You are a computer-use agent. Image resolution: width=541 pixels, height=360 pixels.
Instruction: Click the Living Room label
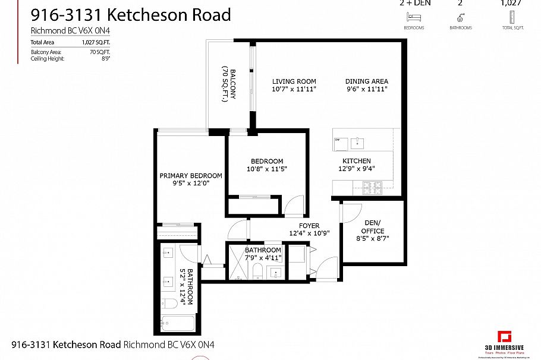coord(294,81)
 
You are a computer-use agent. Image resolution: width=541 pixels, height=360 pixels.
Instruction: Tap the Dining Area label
coord(367,81)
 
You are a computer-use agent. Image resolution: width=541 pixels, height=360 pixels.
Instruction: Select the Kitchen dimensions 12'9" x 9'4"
coord(357,168)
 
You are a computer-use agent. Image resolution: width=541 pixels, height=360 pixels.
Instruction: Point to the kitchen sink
coord(358,142)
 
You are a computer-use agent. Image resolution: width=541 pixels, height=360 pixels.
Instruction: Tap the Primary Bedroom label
coord(191,176)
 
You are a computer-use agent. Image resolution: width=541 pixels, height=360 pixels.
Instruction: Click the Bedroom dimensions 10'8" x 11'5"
coord(267,169)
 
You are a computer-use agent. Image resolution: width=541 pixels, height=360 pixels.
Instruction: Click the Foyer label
coord(309,226)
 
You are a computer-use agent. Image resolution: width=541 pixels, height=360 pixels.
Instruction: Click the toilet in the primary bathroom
coord(169,304)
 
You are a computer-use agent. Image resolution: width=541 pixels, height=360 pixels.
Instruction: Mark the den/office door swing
coord(351,211)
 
